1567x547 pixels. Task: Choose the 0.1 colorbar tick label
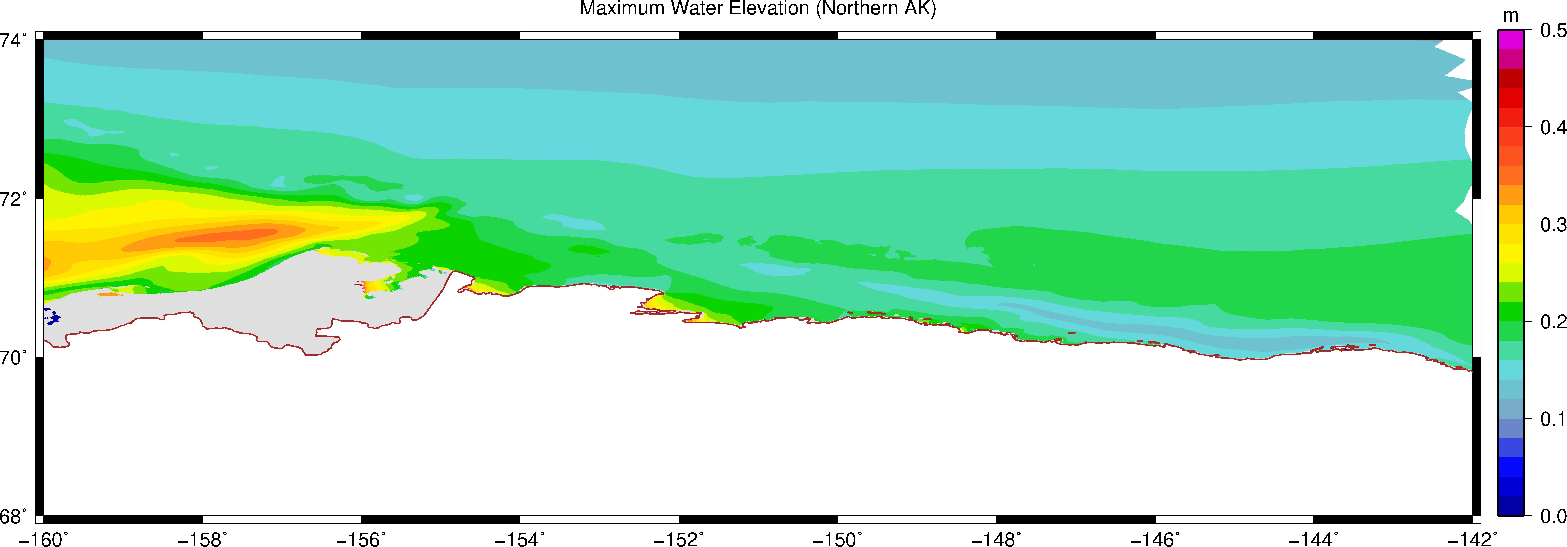coord(1552,419)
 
